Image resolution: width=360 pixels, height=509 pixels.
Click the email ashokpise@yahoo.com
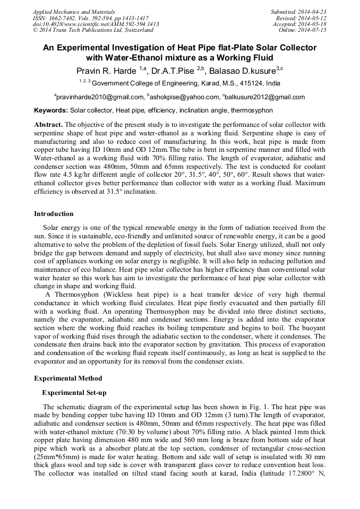183,97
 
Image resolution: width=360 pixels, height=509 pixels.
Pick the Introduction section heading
54,214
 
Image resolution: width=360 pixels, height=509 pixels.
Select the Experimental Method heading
68,378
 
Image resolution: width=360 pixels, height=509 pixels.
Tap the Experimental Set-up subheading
74,393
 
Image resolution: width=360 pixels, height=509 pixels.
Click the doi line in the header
96,24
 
